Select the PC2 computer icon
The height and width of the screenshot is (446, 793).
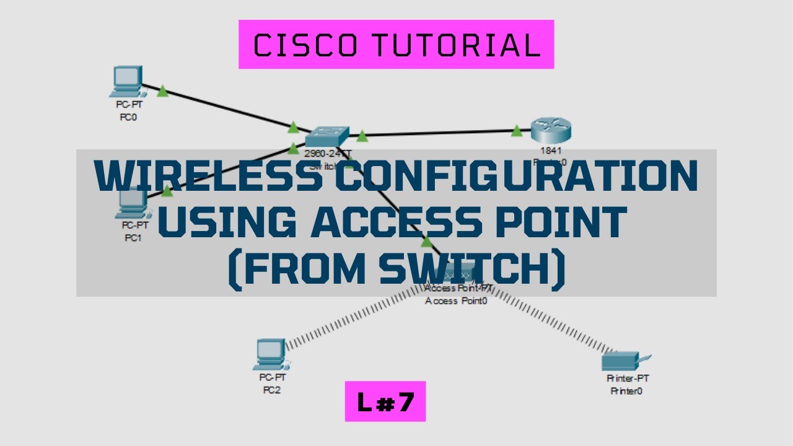coord(270,354)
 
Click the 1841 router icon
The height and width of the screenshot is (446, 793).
coord(551,131)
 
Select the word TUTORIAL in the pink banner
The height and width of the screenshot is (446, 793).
coord(455,45)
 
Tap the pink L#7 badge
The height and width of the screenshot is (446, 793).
coord(385,401)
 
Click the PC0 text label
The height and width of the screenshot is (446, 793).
coord(128,118)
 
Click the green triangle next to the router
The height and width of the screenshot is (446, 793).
coord(517,130)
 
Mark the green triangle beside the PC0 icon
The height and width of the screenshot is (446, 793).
coord(162,92)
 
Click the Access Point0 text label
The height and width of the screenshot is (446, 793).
coord(456,301)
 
